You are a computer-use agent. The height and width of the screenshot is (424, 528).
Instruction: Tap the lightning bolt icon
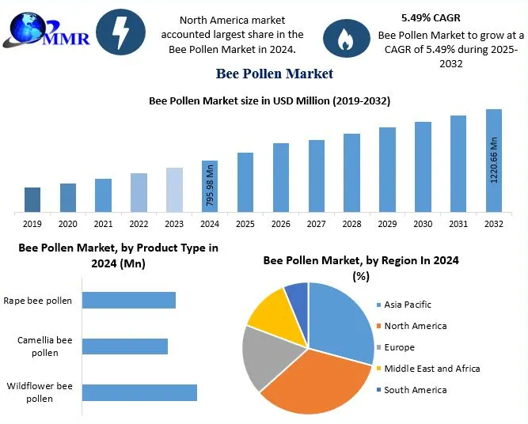pos(120,32)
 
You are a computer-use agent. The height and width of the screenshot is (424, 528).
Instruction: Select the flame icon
pos(346,40)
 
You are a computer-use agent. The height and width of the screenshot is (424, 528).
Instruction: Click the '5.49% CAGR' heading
pos(431,17)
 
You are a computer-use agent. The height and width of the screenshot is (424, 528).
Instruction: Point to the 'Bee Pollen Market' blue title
pos(274,74)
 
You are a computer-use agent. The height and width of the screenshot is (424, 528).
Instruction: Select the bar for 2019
pos(32,199)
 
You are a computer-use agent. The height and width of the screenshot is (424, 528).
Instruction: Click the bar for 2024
pos(210,186)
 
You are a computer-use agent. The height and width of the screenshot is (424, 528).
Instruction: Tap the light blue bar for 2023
pos(174,190)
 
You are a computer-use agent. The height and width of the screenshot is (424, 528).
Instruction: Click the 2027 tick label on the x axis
pos(317,225)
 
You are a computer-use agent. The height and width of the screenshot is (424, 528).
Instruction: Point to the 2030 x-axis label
pos(423,225)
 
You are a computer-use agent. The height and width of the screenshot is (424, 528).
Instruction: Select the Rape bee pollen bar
pos(129,301)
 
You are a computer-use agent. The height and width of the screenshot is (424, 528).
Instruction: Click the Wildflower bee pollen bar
pos(139,392)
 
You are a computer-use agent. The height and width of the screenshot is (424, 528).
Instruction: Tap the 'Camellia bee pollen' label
pos(45,346)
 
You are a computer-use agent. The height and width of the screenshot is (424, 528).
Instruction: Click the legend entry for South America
pos(415,390)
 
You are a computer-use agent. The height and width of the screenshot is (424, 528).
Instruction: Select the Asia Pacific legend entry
pos(408,305)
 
